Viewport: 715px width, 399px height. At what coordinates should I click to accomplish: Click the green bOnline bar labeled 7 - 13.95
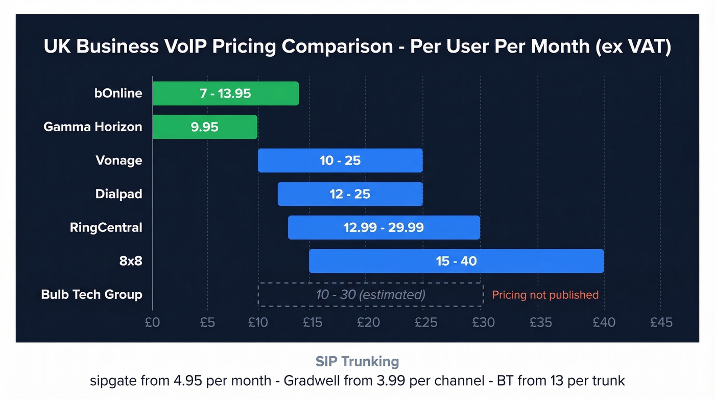tap(225, 93)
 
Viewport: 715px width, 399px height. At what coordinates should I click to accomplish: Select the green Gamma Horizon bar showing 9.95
tap(205, 127)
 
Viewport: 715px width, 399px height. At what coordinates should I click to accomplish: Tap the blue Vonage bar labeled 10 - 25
tap(340, 160)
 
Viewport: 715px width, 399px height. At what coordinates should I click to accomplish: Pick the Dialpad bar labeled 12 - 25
tap(350, 194)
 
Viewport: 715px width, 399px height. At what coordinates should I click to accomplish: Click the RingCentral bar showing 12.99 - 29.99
tap(384, 227)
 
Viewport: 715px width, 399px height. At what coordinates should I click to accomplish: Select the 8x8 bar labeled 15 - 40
tap(456, 261)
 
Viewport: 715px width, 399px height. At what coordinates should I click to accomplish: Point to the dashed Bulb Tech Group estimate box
tap(370, 295)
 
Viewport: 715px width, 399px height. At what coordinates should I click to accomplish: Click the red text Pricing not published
tap(545, 295)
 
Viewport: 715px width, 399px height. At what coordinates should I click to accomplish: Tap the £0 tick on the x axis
tap(152, 322)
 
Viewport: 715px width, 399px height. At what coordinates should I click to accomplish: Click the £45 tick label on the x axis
tap(661, 322)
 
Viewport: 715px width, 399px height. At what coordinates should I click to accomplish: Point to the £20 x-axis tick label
tap(368, 322)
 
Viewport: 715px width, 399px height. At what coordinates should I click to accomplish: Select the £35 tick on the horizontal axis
tap(541, 322)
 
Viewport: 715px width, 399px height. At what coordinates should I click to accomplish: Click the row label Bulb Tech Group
tap(91, 295)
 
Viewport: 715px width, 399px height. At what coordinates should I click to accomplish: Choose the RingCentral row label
tap(106, 227)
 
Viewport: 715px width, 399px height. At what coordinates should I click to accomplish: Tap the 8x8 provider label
tap(130, 261)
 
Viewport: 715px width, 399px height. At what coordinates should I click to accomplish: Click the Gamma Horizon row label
tap(92, 127)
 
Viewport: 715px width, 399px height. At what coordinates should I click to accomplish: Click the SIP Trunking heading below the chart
tap(357, 362)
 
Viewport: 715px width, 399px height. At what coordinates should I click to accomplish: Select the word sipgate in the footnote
tap(110, 381)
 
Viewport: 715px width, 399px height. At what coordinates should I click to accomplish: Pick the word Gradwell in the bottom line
tap(308, 381)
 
